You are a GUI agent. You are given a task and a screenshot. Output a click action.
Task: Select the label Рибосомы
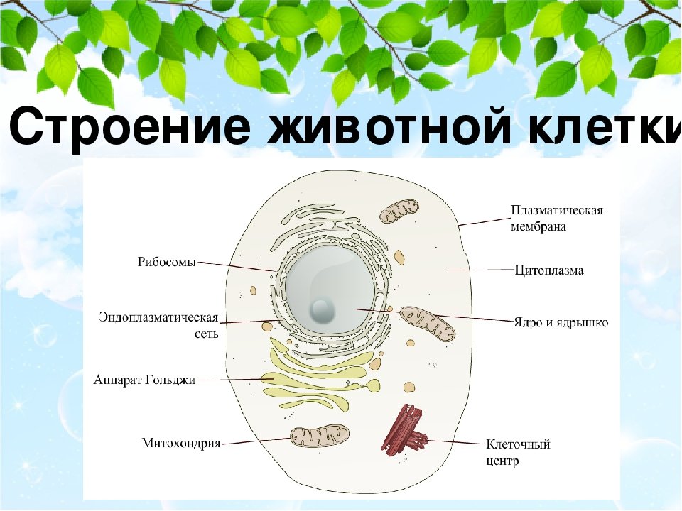point(167,263)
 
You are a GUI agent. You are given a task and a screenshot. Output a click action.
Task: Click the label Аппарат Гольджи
point(144,380)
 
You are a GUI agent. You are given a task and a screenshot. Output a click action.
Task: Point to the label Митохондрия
point(182,443)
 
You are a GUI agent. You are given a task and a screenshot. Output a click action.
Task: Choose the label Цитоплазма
point(549,270)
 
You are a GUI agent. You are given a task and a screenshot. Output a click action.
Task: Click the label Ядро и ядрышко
point(561,322)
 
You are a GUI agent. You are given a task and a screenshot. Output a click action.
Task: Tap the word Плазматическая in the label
point(557,210)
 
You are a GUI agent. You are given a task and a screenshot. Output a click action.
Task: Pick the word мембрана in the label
point(538,226)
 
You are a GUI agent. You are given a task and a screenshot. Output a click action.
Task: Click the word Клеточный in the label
point(518,444)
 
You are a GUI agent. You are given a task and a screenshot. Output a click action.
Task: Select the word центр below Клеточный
point(502,460)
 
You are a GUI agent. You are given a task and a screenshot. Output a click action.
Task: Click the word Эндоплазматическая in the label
point(158,317)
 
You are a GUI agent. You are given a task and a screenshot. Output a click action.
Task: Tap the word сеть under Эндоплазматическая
point(207,334)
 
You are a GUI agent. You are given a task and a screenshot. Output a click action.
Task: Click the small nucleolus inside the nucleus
point(323,309)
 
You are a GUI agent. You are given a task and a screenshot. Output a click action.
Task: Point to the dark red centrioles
point(405,430)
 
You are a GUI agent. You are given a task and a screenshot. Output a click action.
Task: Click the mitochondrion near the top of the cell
point(399,211)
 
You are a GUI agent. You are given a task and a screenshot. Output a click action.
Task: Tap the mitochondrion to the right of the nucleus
point(428,324)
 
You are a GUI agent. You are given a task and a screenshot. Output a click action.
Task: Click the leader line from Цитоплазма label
point(481,270)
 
